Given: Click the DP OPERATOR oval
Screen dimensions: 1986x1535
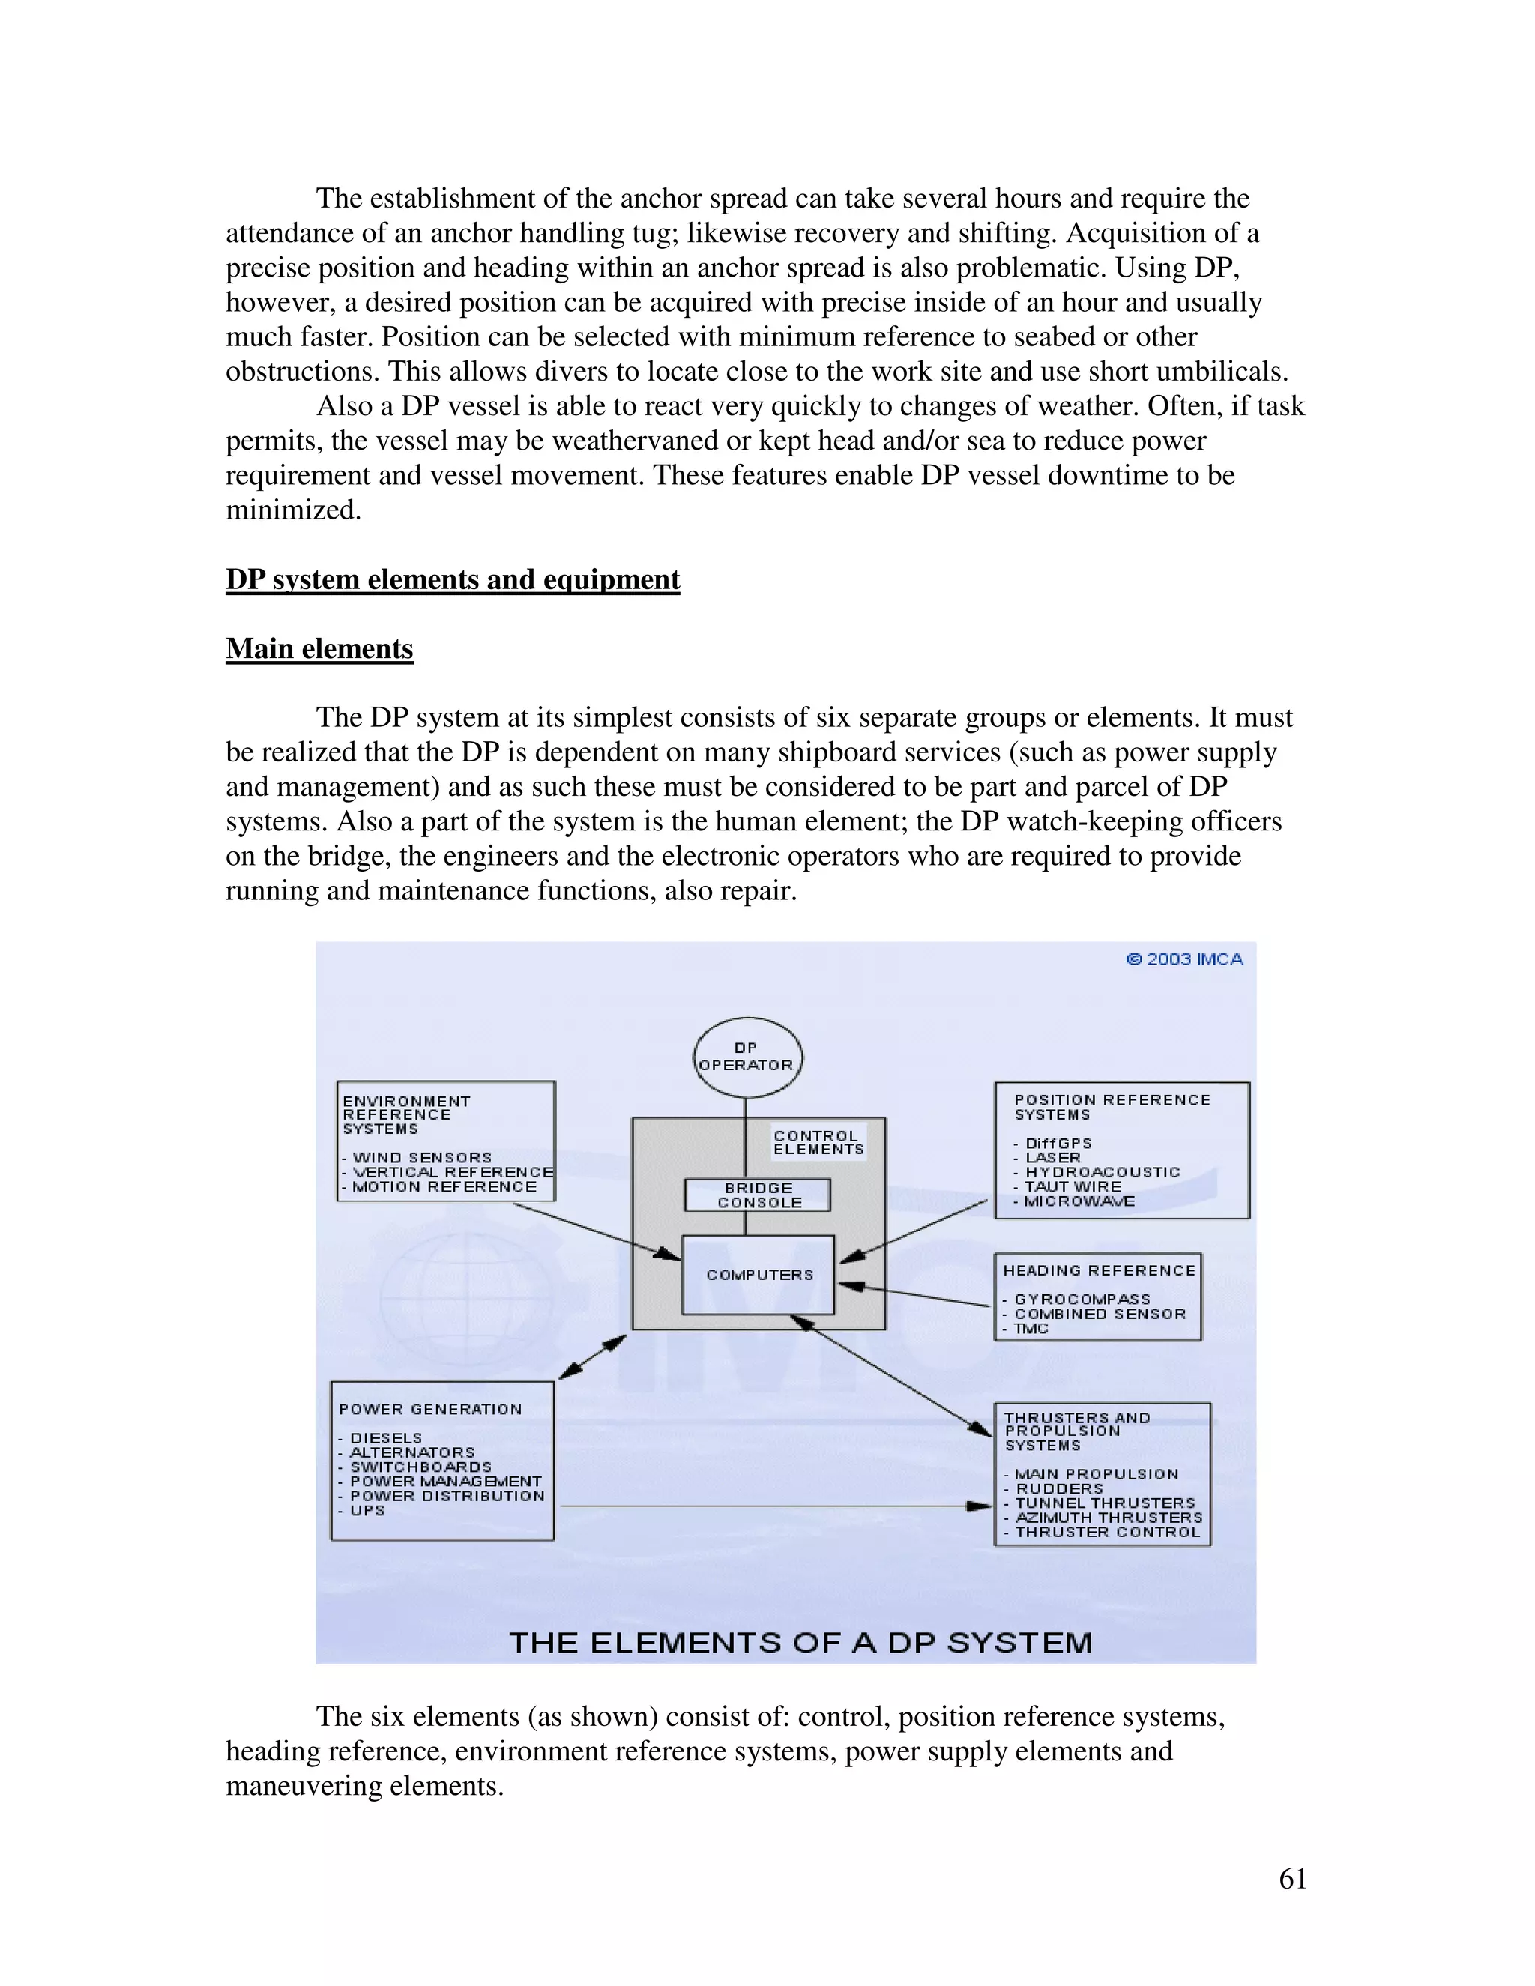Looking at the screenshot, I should tap(747, 1057).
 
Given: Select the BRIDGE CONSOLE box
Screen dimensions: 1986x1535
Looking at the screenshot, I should tap(758, 1195).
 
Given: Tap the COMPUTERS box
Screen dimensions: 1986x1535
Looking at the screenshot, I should tap(759, 1274).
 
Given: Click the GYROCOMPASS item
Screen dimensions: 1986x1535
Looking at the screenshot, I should tap(1082, 1299).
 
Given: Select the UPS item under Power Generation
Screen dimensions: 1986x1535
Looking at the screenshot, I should tap(367, 1509).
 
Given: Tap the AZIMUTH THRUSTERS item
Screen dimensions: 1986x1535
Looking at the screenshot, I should tap(1108, 1517).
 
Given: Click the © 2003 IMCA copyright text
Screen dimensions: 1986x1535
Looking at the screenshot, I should tap(1184, 959).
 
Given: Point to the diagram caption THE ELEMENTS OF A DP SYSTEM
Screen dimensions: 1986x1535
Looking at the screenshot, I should tap(800, 1641).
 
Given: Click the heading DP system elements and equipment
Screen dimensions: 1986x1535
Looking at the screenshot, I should tap(452, 579).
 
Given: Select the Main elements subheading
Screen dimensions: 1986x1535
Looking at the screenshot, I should tap(319, 648).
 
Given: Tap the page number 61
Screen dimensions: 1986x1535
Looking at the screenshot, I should tap(1292, 1878).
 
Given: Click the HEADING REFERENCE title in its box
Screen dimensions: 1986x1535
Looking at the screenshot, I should tap(1099, 1270).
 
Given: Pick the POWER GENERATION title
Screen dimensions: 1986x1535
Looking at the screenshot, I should tap(430, 1409).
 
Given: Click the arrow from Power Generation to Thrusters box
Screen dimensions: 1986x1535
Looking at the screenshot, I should tap(773, 1506).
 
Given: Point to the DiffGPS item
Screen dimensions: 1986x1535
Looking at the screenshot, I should tap(1058, 1143).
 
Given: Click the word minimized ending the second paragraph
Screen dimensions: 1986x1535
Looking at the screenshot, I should tap(293, 510).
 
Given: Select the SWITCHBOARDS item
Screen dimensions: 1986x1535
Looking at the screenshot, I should tap(420, 1466).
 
